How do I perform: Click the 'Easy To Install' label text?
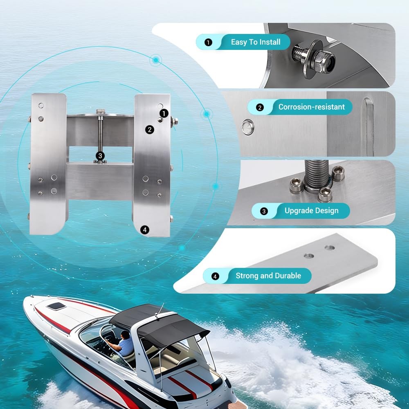256,42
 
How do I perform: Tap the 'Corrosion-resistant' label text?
311,107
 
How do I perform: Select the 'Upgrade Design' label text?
311,211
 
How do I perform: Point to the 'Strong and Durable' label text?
268,276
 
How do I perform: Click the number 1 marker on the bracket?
164,113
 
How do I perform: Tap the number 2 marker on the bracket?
150,130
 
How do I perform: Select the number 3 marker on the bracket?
100,156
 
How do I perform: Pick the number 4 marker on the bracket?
145,230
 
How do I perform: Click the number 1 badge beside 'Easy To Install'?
208,42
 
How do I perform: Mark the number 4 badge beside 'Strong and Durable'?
215,276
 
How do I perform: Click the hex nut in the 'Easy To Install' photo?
324,62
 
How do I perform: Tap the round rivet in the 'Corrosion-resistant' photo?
247,127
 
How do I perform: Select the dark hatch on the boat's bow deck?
56,306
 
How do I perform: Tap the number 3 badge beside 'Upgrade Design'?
264,211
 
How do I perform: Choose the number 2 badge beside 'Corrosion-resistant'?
260,107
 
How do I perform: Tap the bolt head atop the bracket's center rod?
100,112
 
